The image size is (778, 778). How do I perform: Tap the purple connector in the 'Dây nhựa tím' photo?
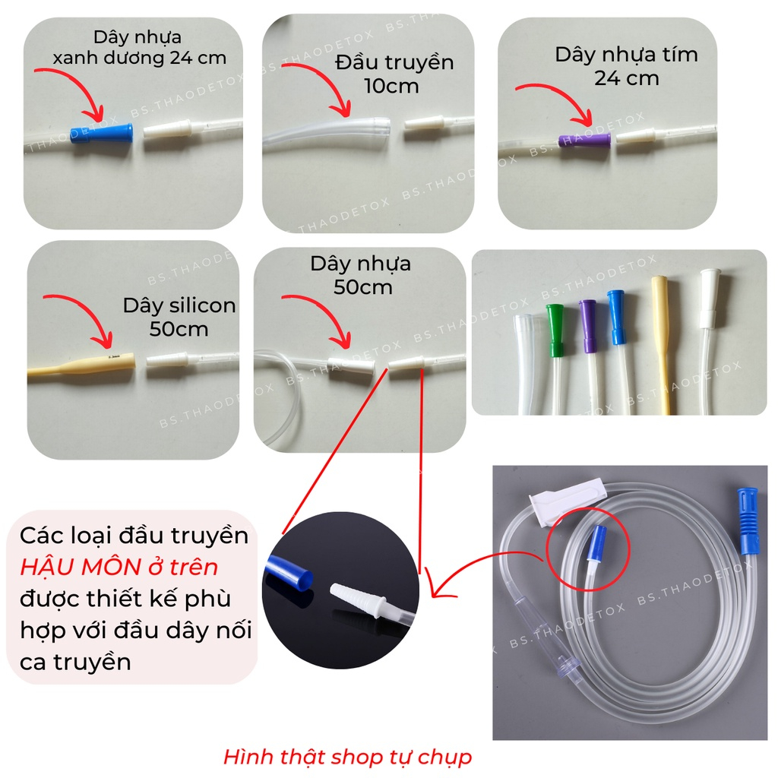click(584, 141)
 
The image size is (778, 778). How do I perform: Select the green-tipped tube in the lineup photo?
click(555, 357)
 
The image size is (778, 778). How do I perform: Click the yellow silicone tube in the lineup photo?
click(662, 343)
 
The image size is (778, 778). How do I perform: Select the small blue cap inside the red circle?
click(599, 542)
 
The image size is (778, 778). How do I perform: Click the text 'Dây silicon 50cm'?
click(179, 317)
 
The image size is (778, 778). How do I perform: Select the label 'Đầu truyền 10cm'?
click(394, 74)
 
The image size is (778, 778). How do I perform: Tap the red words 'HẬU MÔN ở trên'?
click(119, 567)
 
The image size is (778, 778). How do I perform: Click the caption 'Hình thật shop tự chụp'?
click(347, 757)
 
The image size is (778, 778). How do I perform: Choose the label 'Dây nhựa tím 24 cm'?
click(626, 66)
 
